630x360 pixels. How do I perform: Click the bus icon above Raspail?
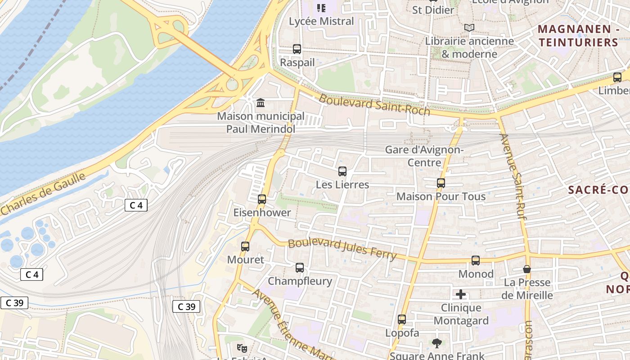[297, 49]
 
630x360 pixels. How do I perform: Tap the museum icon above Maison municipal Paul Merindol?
[261, 103]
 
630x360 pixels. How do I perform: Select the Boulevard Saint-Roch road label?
[374, 104]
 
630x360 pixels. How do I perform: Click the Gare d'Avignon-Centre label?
[424, 156]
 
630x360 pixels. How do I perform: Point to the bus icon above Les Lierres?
[342, 171]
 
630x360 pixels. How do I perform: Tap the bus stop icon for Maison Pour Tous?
[441, 183]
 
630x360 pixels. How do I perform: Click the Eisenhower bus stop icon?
[262, 199]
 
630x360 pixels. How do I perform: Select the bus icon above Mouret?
[245, 247]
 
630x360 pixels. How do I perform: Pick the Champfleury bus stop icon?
[300, 268]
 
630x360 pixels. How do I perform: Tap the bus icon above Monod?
[476, 261]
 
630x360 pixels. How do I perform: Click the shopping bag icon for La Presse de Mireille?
[527, 269]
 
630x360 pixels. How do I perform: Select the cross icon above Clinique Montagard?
[461, 295]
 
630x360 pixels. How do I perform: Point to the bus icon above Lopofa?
[402, 319]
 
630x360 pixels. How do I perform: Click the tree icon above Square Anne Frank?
[436, 343]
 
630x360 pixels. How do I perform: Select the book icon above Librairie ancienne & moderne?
[469, 28]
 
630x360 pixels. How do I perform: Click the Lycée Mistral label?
[321, 21]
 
